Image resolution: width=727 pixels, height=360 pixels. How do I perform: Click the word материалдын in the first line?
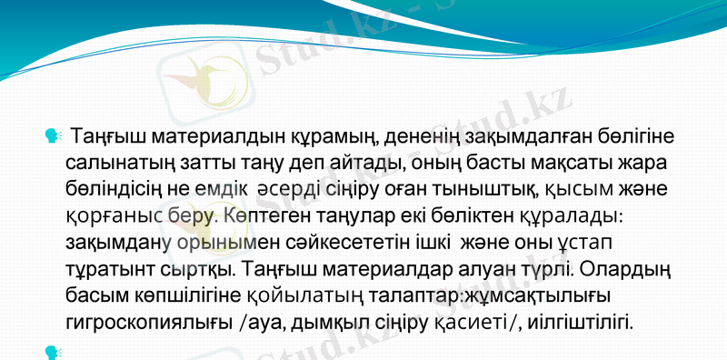[x=187, y=138]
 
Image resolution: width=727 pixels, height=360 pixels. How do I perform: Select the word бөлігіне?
[x=638, y=138]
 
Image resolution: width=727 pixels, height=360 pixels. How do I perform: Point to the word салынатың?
[x=115, y=165]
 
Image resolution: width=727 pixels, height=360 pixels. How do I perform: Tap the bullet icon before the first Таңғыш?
[x=52, y=136]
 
